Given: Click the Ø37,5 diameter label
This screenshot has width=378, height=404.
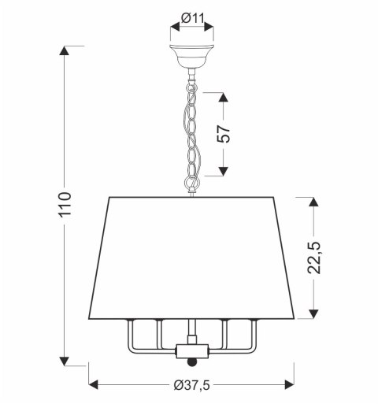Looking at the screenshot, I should [x=193, y=385].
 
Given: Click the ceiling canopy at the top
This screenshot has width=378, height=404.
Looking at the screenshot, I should [x=192, y=58].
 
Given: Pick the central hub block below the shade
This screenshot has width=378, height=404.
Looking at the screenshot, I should [x=189, y=349].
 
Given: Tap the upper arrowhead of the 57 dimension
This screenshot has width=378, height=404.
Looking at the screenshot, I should [x=224, y=98].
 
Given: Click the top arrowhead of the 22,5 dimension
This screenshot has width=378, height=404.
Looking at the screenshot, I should [x=315, y=202].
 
